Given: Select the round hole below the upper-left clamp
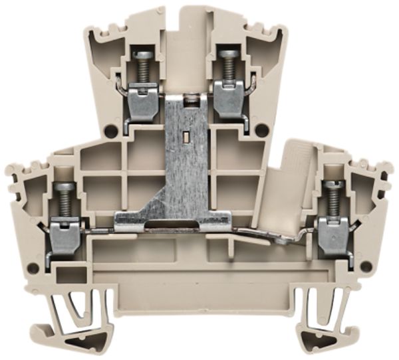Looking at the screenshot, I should coord(110,131).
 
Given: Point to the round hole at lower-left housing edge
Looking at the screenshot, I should coord(33,268).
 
